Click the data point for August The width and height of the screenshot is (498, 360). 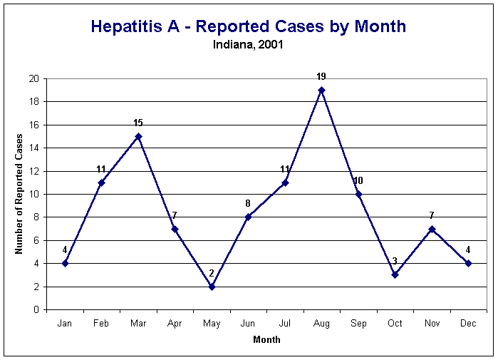[321, 90]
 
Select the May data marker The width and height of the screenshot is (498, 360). [212, 287]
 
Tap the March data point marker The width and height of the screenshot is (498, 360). [138, 136]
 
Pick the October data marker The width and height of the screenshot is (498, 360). [395, 275]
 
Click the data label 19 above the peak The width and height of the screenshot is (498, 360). [321, 76]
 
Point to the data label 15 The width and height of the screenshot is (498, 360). [138, 123]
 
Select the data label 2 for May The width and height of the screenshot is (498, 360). [212, 273]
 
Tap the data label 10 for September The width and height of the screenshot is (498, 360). [358, 180]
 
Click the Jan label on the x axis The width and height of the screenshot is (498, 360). [65, 324]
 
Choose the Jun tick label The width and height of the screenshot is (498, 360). [248, 324]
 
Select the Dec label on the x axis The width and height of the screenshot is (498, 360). [468, 324]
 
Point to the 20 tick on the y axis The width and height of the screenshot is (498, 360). [33, 78]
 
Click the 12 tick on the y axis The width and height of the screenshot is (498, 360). [33, 171]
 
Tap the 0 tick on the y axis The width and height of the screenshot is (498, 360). [36, 310]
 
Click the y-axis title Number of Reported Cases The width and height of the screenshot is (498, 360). [19, 194]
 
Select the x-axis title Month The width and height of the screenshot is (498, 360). [266, 340]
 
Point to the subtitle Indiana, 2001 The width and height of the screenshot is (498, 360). [248, 44]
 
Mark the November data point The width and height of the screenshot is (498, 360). [431, 229]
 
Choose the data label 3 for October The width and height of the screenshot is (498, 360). [395, 262]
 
